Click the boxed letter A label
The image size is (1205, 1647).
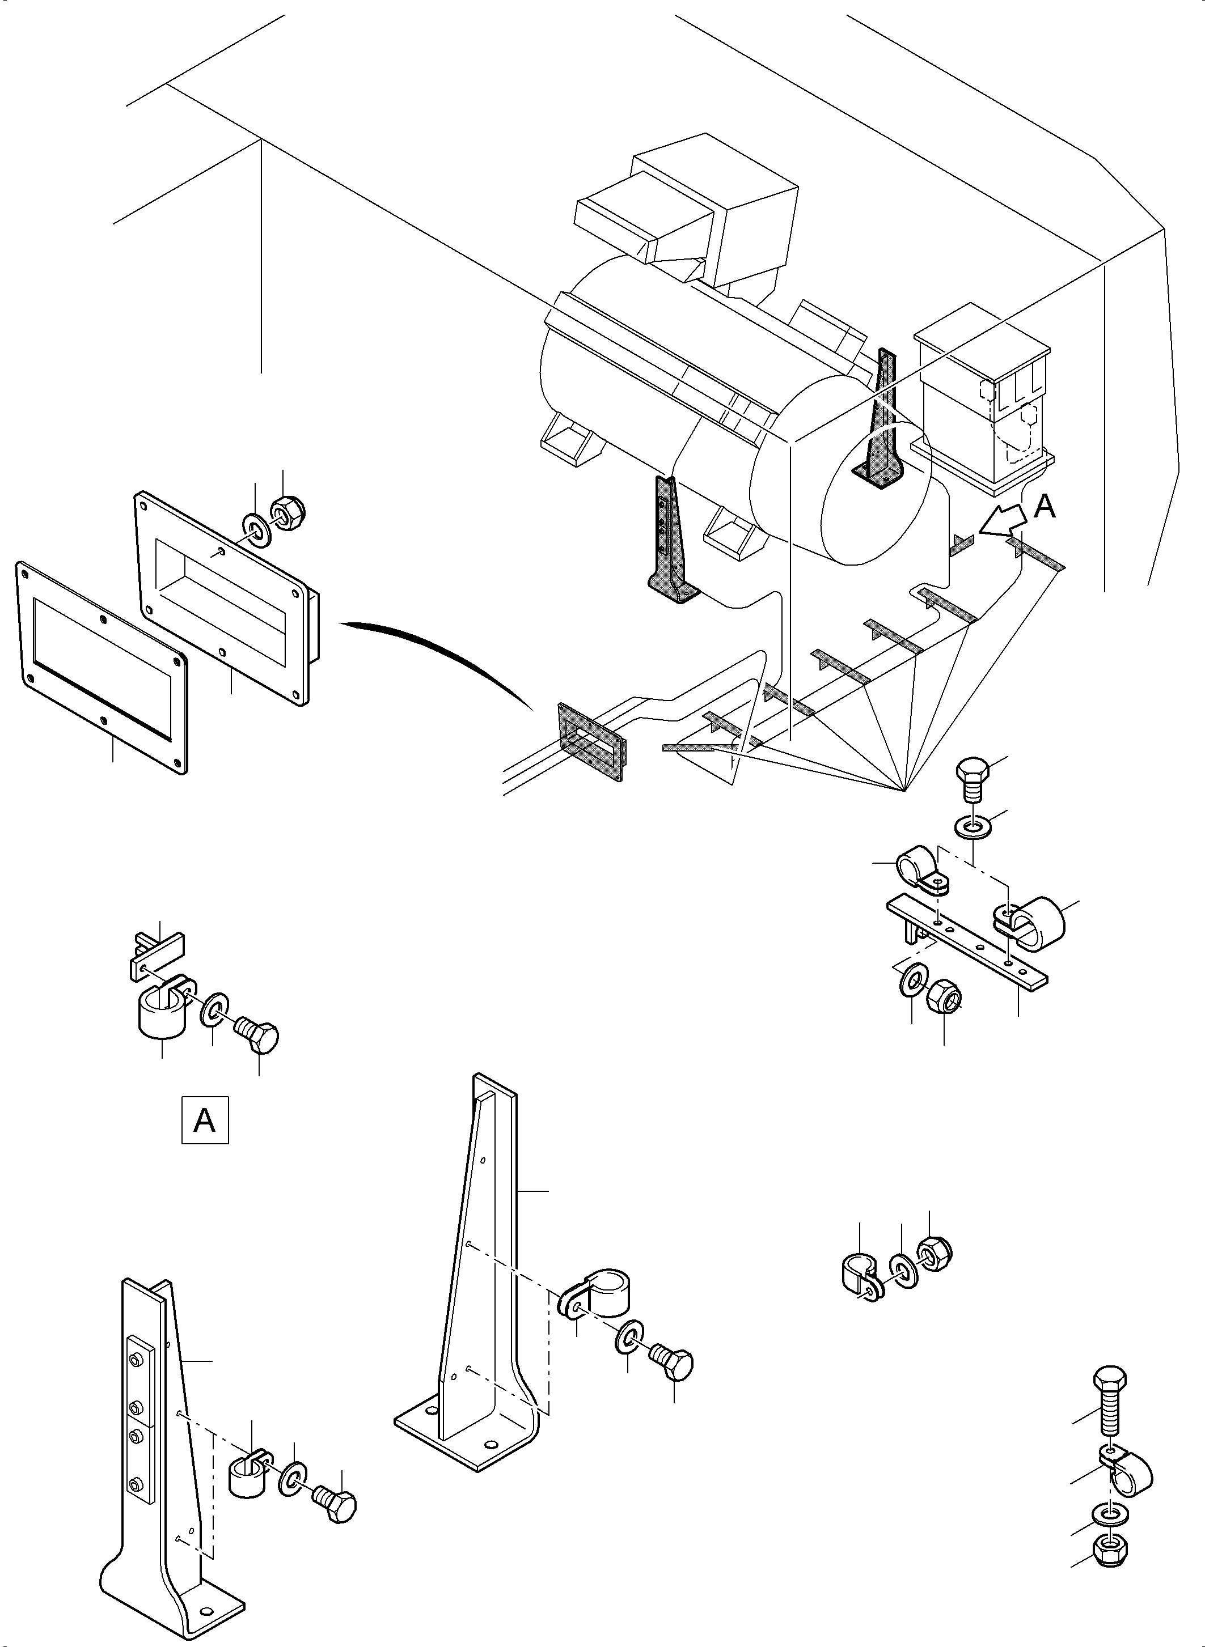[204, 1120]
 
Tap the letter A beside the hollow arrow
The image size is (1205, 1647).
[1045, 507]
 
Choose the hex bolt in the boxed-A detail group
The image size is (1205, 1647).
[258, 1034]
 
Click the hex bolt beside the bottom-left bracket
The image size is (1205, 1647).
[336, 1505]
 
